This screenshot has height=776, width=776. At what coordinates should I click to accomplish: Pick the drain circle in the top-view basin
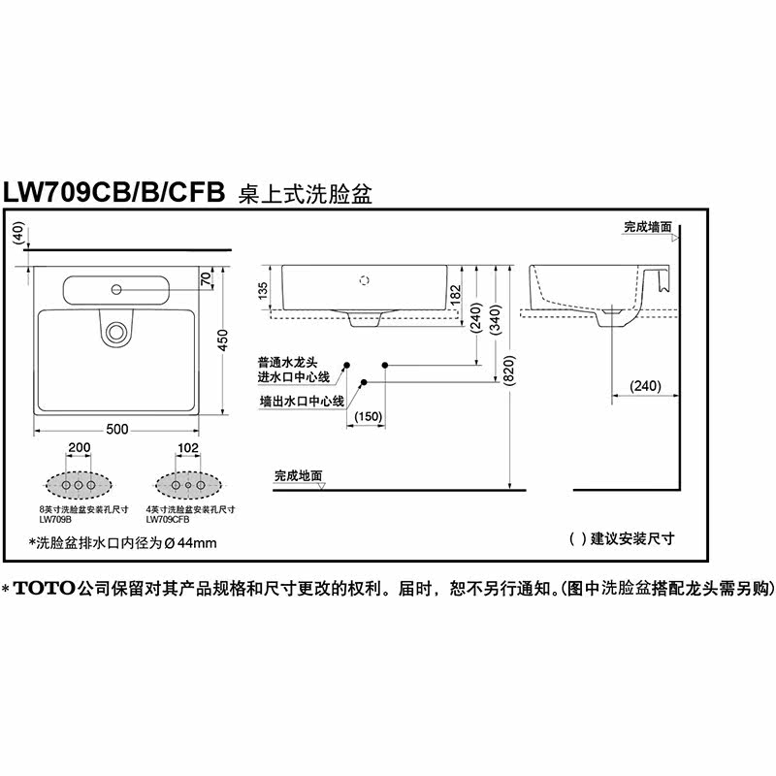coord(116,331)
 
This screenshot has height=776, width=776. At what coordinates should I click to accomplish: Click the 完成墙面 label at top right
coord(648,226)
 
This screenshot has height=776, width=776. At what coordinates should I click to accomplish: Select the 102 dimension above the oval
coord(188,448)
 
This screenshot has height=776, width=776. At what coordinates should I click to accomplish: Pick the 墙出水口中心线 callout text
coord(302,400)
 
